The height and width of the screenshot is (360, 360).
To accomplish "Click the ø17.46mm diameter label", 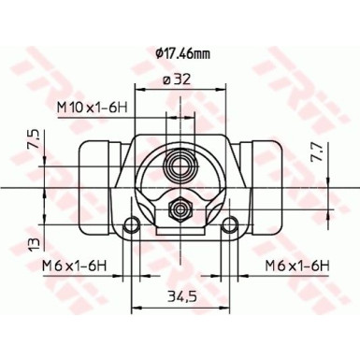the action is tap(182, 54).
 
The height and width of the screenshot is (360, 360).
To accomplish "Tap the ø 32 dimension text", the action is tap(177, 80).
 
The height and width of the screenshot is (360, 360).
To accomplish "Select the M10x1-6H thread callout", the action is tap(92, 108).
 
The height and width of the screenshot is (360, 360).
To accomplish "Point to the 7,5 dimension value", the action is tap(36, 139).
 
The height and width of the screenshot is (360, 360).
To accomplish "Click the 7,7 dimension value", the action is tap(316, 152).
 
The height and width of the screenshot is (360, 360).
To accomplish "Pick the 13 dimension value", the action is tap(36, 244).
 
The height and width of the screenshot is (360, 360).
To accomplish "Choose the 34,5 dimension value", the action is tap(181, 295).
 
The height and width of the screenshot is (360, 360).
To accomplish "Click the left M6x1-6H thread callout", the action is tap(75, 266).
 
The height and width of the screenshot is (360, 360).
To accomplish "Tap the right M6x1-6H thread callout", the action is tap(297, 266).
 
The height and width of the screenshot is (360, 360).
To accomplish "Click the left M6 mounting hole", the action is tap(132, 224).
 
